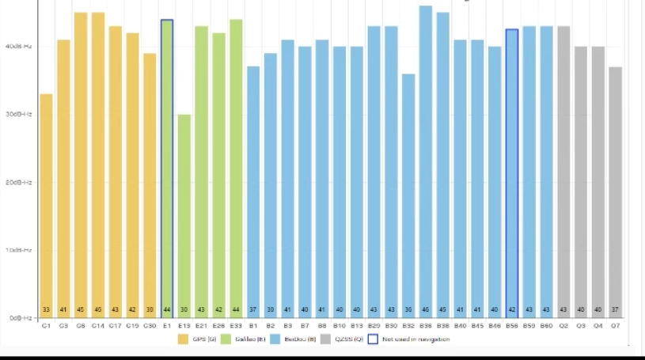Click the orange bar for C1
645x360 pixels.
[46, 206]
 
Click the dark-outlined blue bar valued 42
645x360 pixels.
[511, 173]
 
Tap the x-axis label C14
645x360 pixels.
[97, 325]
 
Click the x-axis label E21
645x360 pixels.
[201, 325]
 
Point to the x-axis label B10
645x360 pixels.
[340, 325]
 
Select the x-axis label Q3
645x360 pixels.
[581, 325]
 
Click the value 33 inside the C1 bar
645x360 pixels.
[46, 309]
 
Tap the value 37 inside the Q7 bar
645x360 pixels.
[615, 309]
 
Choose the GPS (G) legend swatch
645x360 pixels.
[184, 339]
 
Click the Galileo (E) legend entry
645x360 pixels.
[244, 339]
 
